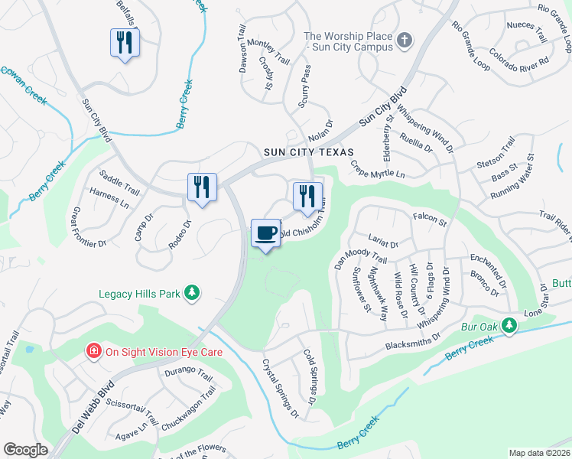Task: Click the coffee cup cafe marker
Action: click(x=265, y=233)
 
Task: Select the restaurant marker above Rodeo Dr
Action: click(x=202, y=187)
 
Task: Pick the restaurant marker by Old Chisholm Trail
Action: click(x=307, y=195)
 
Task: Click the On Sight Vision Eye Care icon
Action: click(x=94, y=352)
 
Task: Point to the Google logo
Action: click(x=26, y=450)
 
